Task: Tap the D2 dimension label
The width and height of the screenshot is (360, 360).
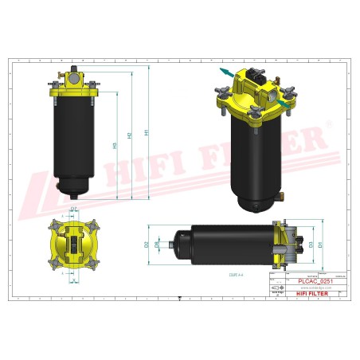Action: pyautogui.click(x=147, y=245)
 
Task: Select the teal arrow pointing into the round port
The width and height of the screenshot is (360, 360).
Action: pyautogui.click(x=284, y=102)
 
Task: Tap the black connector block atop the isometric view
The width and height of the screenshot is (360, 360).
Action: pyautogui.click(x=258, y=79)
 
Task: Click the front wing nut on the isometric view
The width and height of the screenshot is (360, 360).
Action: pyautogui.click(x=256, y=111)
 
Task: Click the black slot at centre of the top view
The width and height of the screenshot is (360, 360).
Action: pyautogui.click(x=73, y=243)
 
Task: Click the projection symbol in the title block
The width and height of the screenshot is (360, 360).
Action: pyautogui.click(x=276, y=287)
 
